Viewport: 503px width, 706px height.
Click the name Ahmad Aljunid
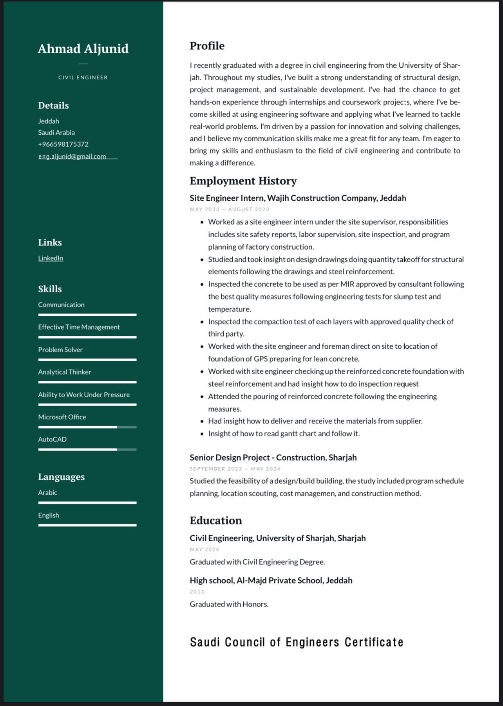(x=83, y=49)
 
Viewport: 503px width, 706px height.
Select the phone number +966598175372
(x=63, y=144)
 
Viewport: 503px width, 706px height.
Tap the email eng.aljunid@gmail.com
(x=72, y=156)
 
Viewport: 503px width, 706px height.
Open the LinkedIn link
(x=51, y=258)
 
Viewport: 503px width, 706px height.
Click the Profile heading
(x=207, y=46)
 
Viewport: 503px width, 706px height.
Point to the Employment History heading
(x=243, y=181)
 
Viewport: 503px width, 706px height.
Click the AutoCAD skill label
(x=52, y=439)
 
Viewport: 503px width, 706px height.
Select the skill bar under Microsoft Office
(x=87, y=427)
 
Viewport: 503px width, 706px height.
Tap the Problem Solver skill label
(x=60, y=349)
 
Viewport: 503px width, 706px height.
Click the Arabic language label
(x=47, y=492)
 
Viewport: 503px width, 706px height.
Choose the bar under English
(x=87, y=525)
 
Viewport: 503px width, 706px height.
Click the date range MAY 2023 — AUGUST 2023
(x=230, y=209)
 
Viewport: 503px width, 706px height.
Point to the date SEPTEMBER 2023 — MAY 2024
(x=235, y=469)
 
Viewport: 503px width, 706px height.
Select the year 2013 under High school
(x=197, y=592)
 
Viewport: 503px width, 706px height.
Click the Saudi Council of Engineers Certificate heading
(x=297, y=642)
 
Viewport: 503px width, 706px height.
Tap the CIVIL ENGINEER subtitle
(x=83, y=77)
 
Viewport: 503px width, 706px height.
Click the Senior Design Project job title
(x=273, y=457)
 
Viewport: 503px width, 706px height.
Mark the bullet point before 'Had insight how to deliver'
(x=202, y=421)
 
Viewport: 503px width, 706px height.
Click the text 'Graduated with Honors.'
(x=229, y=604)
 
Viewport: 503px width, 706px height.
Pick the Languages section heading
(x=61, y=477)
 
